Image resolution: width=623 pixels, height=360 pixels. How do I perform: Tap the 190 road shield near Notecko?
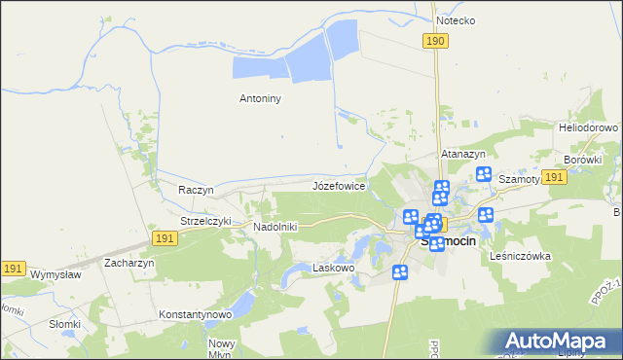tap(435, 40)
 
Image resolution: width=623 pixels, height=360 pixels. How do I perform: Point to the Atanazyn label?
tap(463, 154)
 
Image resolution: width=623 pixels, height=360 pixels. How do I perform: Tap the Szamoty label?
tap(519, 180)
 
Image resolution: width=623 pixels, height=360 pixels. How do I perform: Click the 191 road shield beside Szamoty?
tap(554, 177)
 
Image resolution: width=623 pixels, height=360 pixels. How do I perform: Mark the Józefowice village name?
tap(339, 184)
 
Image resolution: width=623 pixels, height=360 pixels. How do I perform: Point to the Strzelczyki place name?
tap(205, 221)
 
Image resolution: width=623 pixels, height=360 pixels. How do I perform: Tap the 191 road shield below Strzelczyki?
tap(165, 239)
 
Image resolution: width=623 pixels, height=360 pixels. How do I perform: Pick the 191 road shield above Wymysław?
tap(13, 268)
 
